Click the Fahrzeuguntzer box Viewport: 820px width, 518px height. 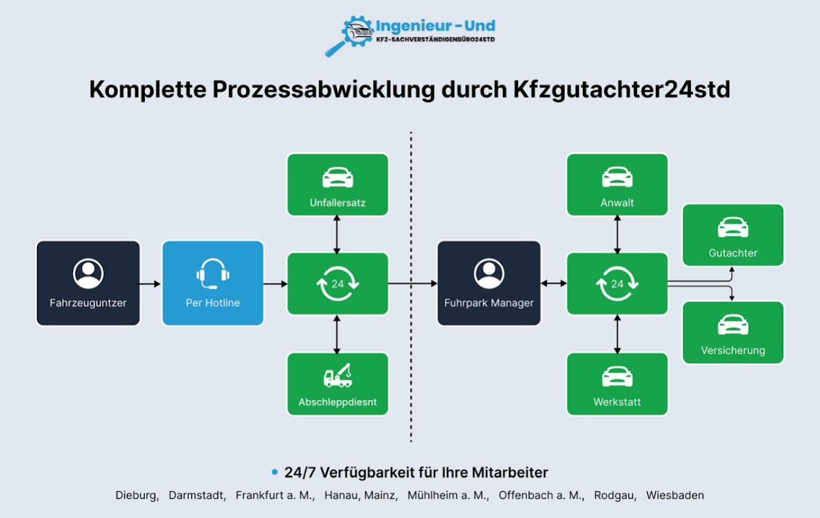88,282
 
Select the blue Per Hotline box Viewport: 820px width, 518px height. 213,282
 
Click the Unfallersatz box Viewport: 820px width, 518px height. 338,185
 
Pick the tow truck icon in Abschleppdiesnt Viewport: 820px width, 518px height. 338,375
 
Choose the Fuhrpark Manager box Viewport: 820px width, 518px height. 489,282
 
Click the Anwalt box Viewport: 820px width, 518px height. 617,185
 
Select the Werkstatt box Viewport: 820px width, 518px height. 617,383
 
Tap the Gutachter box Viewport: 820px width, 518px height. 733,234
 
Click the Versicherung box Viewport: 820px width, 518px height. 733,332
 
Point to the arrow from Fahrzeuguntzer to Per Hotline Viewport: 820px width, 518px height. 150,283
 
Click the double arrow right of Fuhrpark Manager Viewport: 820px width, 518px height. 553,283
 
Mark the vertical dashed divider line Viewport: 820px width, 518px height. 411,287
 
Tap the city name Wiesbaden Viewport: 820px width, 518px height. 674,495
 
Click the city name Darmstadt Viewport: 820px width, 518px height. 197,495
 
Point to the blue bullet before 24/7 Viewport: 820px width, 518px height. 275,472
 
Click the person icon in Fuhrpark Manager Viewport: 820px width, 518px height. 489,273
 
